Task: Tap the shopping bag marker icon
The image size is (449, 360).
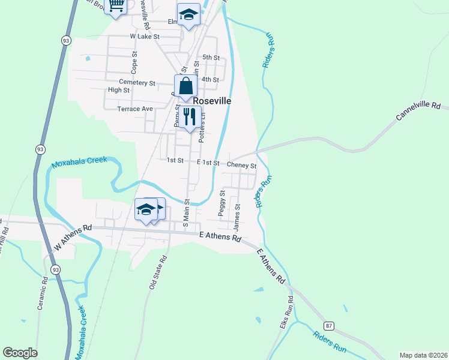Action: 185,86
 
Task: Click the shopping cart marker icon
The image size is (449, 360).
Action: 116,5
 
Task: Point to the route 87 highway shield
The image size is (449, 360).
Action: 328,325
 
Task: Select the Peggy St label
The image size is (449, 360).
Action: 222,203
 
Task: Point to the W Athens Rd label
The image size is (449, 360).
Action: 73,236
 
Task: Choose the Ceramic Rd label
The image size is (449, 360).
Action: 42,292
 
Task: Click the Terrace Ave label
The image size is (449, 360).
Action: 135,109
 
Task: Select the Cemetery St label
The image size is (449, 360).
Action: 137,82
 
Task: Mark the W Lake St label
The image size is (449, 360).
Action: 144,36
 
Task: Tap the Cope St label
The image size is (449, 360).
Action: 134,61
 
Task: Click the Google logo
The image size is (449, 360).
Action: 20,353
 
